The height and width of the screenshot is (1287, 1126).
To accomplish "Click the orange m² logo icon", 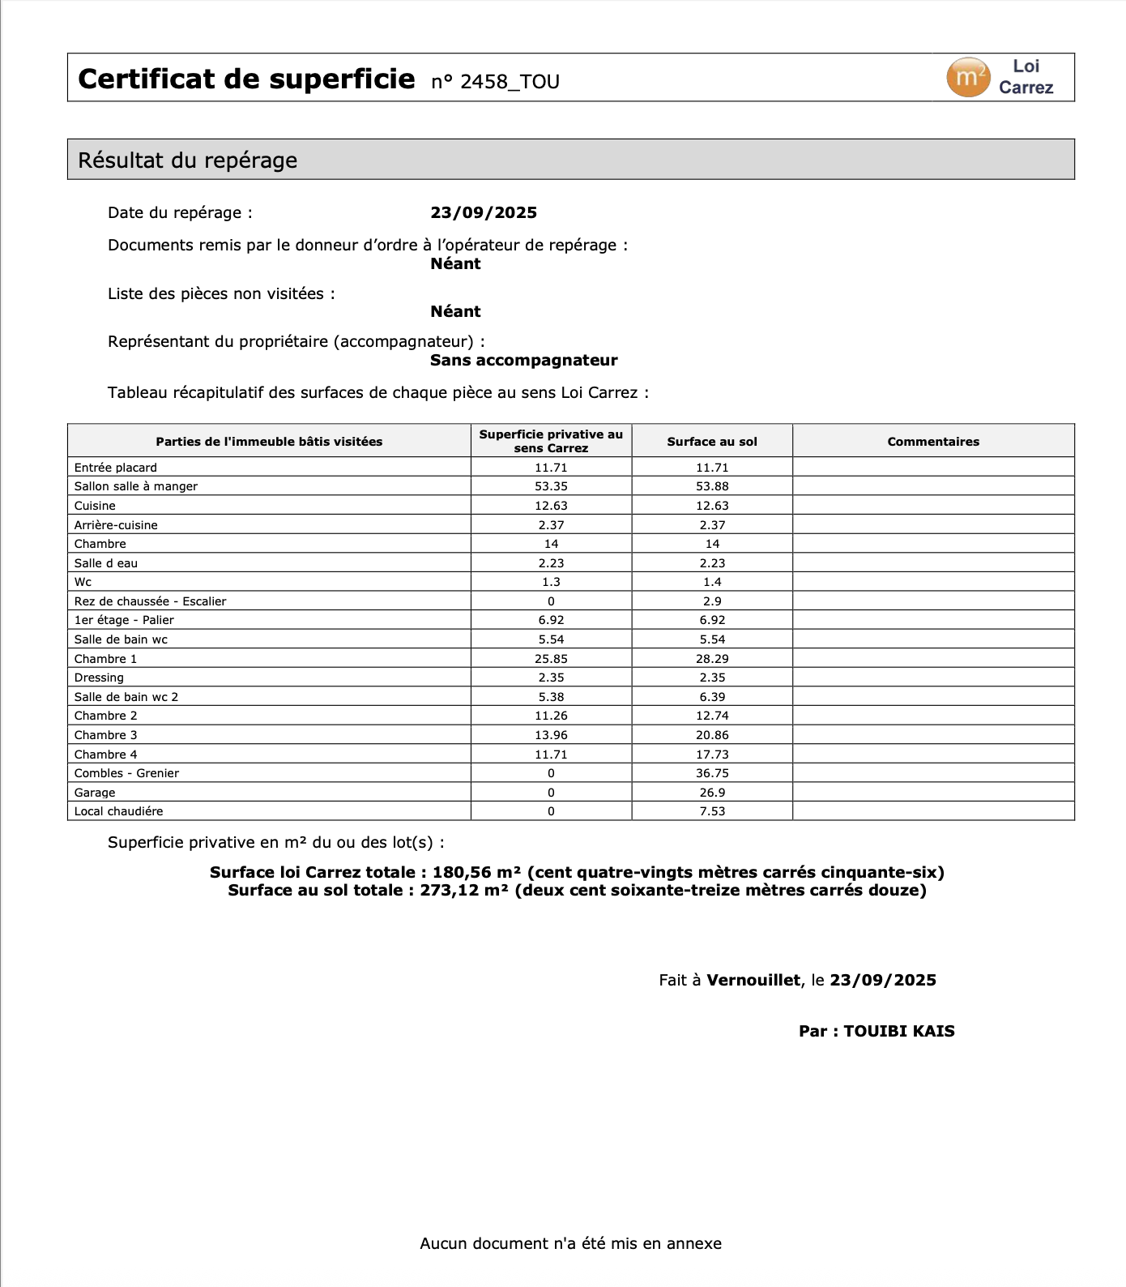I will (x=968, y=78).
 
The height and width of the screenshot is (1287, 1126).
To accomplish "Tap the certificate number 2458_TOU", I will (x=510, y=82).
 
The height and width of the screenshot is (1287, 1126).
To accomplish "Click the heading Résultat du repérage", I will (x=187, y=160).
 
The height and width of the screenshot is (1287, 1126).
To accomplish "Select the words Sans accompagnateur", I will (x=523, y=361).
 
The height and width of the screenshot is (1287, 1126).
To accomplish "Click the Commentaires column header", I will (x=933, y=442).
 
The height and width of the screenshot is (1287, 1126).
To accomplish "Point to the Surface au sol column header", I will (x=712, y=442).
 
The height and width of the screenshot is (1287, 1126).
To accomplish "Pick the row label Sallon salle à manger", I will (x=136, y=486).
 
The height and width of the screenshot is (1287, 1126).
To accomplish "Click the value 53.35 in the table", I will (x=551, y=486).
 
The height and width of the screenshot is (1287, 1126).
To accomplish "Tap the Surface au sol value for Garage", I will (x=712, y=793).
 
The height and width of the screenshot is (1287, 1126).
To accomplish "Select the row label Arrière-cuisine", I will (x=116, y=525).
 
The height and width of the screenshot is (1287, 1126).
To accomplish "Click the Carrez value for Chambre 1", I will (x=551, y=659).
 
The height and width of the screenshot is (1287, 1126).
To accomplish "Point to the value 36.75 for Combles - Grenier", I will (x=712, y=773).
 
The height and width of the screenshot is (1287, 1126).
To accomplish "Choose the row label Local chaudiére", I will (x=118, y=811).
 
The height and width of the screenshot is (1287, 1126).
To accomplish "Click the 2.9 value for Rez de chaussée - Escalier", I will (x=712, y=601).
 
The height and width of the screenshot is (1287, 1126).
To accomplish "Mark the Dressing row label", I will (x=99, y=678).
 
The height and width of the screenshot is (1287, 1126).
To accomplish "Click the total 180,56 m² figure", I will (x=476, y=873).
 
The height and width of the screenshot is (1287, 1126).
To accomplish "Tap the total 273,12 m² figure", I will (x=464, y=891).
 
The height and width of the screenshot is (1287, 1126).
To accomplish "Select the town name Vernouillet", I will (x=753, y=981).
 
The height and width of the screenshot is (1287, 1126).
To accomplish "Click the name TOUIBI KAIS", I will (x=899, y=1032).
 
